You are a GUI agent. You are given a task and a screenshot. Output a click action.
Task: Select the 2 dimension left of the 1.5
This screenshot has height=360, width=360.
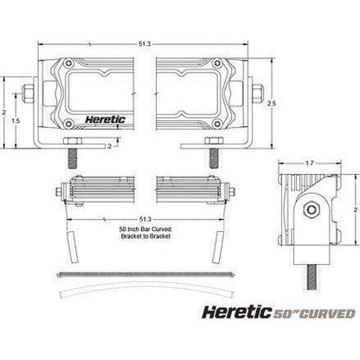point(5,112)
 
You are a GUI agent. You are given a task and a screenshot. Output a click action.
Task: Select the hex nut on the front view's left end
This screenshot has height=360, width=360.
point(32,90)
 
